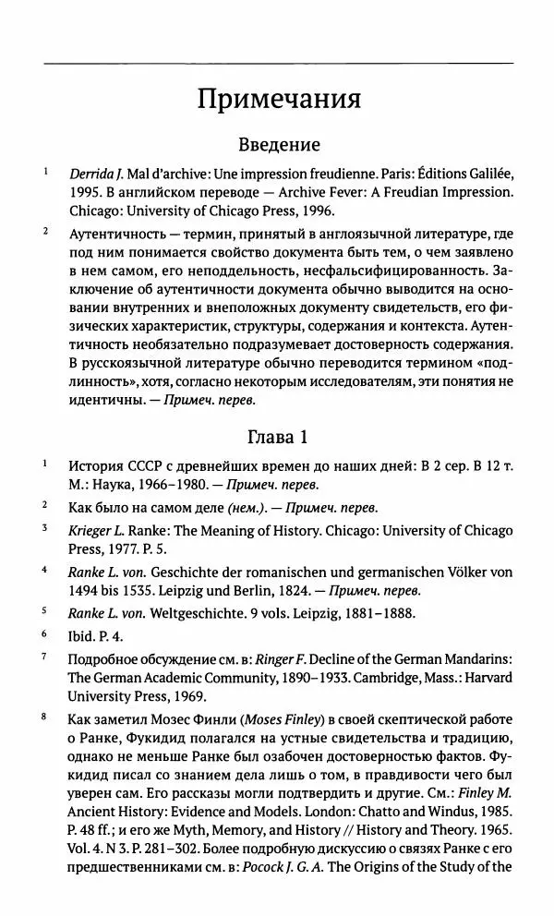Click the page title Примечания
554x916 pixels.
point(278,98)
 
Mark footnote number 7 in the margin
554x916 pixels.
point(44,657)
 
